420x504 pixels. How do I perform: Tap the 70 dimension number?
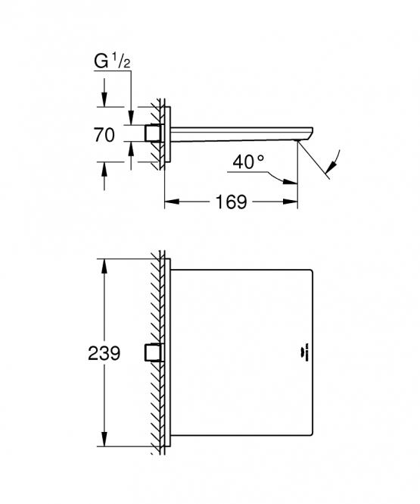coord(104,135)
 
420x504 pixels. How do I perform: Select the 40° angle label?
coord(248,161)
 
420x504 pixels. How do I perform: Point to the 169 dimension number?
coord(231,202)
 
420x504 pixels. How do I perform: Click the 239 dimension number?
coord(104,353)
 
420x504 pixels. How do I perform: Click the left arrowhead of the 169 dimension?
coord(171,202)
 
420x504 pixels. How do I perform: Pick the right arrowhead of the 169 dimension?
coord(290,202)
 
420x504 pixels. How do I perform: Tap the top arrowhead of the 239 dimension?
coord(104,265)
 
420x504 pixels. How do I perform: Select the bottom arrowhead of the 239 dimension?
coord(104,439)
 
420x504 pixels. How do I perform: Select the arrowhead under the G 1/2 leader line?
coord(131,117)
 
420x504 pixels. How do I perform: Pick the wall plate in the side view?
coord(167,134)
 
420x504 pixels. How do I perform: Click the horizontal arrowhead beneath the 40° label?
coord(290,182)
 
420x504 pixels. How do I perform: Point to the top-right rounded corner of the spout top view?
coord(310,271)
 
